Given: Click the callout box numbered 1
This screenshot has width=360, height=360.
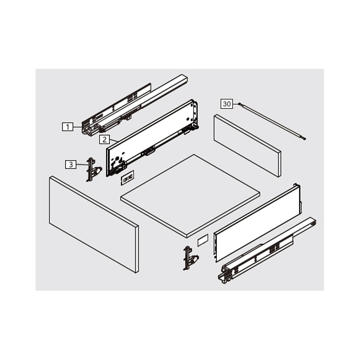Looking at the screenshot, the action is (67, 127).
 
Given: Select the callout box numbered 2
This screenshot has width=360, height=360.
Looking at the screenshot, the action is (104, 139).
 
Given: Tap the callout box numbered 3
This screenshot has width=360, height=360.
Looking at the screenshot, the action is (71, 164).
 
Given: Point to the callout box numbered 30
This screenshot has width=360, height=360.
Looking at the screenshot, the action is (227, 104).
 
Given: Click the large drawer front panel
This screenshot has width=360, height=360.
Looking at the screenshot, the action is (94, 225).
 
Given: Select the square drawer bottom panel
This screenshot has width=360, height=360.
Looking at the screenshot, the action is (190, 196).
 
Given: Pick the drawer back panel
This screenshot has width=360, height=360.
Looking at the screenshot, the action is (247, 146).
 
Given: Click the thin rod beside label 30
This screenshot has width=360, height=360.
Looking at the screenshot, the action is (273, 121).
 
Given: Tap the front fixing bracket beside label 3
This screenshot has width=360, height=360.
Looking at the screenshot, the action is (93, 170).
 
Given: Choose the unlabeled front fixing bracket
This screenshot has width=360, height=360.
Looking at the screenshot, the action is (190, 258).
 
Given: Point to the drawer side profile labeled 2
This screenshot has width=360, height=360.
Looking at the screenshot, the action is (152, 138).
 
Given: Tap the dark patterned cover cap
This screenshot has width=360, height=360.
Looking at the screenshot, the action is (127, 178).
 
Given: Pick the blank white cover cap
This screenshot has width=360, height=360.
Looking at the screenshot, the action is (203, 240).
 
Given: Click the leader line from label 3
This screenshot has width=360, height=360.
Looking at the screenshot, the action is (81, 165).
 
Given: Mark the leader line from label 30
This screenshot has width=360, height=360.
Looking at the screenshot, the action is (236, 104).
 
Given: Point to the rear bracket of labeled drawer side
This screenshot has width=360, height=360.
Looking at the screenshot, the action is (195, 114).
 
